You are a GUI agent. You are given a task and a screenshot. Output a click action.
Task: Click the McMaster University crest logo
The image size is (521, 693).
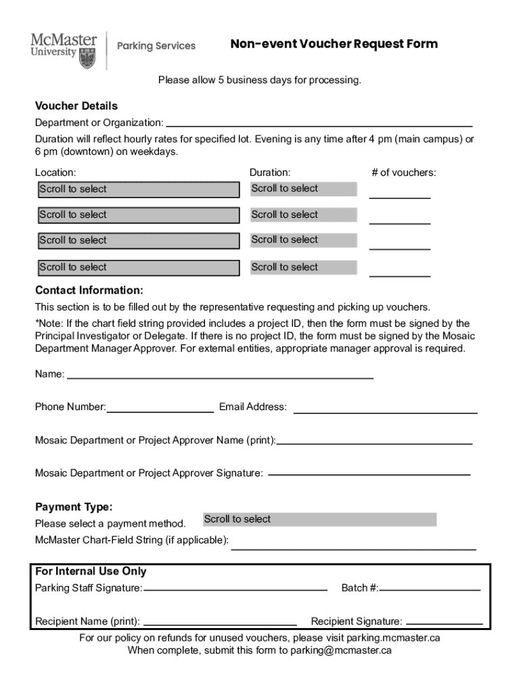(x=87, y=58)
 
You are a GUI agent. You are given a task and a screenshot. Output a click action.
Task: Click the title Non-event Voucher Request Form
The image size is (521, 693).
(x=334, y=45)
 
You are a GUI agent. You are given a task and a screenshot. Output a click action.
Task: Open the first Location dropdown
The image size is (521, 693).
(x=139, y=189)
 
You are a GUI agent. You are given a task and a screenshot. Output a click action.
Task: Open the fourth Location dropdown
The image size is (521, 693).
(x=139, y=267)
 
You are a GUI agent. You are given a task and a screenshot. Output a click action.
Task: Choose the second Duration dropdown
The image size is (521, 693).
(x=303, y=215)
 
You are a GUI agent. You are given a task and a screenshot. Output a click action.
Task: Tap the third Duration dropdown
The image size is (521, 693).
(x=303, y=240)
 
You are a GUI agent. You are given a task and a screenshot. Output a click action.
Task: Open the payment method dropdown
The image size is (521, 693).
(x=319, y=520)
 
